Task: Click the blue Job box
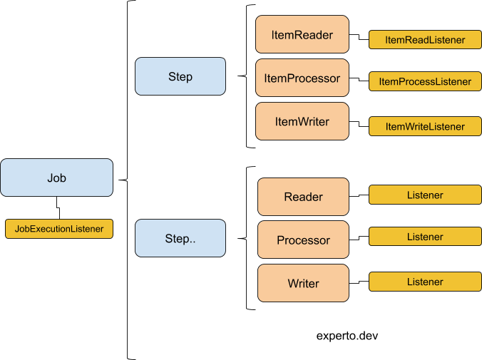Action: (x=56, y=178)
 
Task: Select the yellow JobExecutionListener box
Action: (x=59, y=229)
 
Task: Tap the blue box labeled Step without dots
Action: (x=180, y=76)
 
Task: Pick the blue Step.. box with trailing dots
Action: (x=180, y=238)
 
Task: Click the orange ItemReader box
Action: (x=302, y=34)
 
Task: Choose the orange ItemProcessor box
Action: (x=302, y=78)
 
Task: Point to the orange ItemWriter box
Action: (x=302, y=121)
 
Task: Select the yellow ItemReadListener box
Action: (x=425, y=40)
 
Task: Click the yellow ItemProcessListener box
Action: (x=425, y=81)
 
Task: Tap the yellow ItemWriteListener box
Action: (x=425, y=126)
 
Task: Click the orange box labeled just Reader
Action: (x=303, y=197)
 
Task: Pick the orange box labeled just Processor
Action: (x=303, y=240)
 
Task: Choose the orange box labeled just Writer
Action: (x=303, y=283)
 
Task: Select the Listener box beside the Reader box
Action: (x=425, y=195)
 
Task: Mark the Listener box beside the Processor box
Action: (x=425, y=237)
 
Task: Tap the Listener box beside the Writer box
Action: (x=425, y=282)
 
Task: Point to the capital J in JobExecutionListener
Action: (x=17, y=230)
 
